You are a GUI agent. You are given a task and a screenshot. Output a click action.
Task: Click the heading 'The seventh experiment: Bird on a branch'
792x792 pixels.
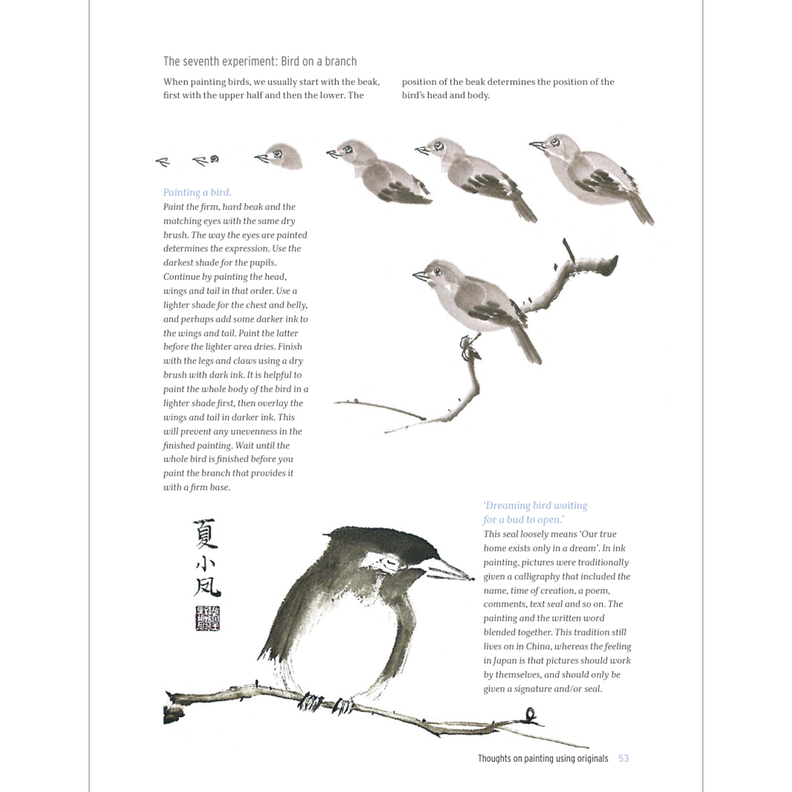click(x=260, y=62)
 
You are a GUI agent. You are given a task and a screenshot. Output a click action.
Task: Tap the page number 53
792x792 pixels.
click(x=623, y=758)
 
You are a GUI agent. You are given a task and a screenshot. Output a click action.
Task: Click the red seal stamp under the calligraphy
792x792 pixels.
click(x=208, y=618)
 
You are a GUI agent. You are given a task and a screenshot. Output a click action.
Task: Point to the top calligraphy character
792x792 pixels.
click(x=205, y=533)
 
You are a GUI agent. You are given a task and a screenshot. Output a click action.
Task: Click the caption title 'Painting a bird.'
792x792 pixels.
click(x=197, y=193)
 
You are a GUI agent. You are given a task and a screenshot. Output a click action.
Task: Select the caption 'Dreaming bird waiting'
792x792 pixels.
click(x=535, y=506)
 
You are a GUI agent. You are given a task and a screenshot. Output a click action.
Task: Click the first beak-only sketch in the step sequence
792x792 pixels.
click(x=163, y=162)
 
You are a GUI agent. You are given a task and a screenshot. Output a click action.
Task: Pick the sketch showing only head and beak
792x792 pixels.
click(x=279, y=156)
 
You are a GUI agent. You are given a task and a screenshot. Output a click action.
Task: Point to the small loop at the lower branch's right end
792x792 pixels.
click(x=530, y=714)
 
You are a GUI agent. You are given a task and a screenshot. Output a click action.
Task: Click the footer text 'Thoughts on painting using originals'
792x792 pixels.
click(x=543, y=758)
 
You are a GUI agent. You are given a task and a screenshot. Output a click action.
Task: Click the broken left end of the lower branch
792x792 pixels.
click(x=172, y=707)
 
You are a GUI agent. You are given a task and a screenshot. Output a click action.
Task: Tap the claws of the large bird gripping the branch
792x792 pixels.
click(x=323, y=703)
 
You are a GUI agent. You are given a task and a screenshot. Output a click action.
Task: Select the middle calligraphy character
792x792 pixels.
click(x=205, y=563)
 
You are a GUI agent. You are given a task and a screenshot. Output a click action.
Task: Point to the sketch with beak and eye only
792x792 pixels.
click(x=206, y=159)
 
